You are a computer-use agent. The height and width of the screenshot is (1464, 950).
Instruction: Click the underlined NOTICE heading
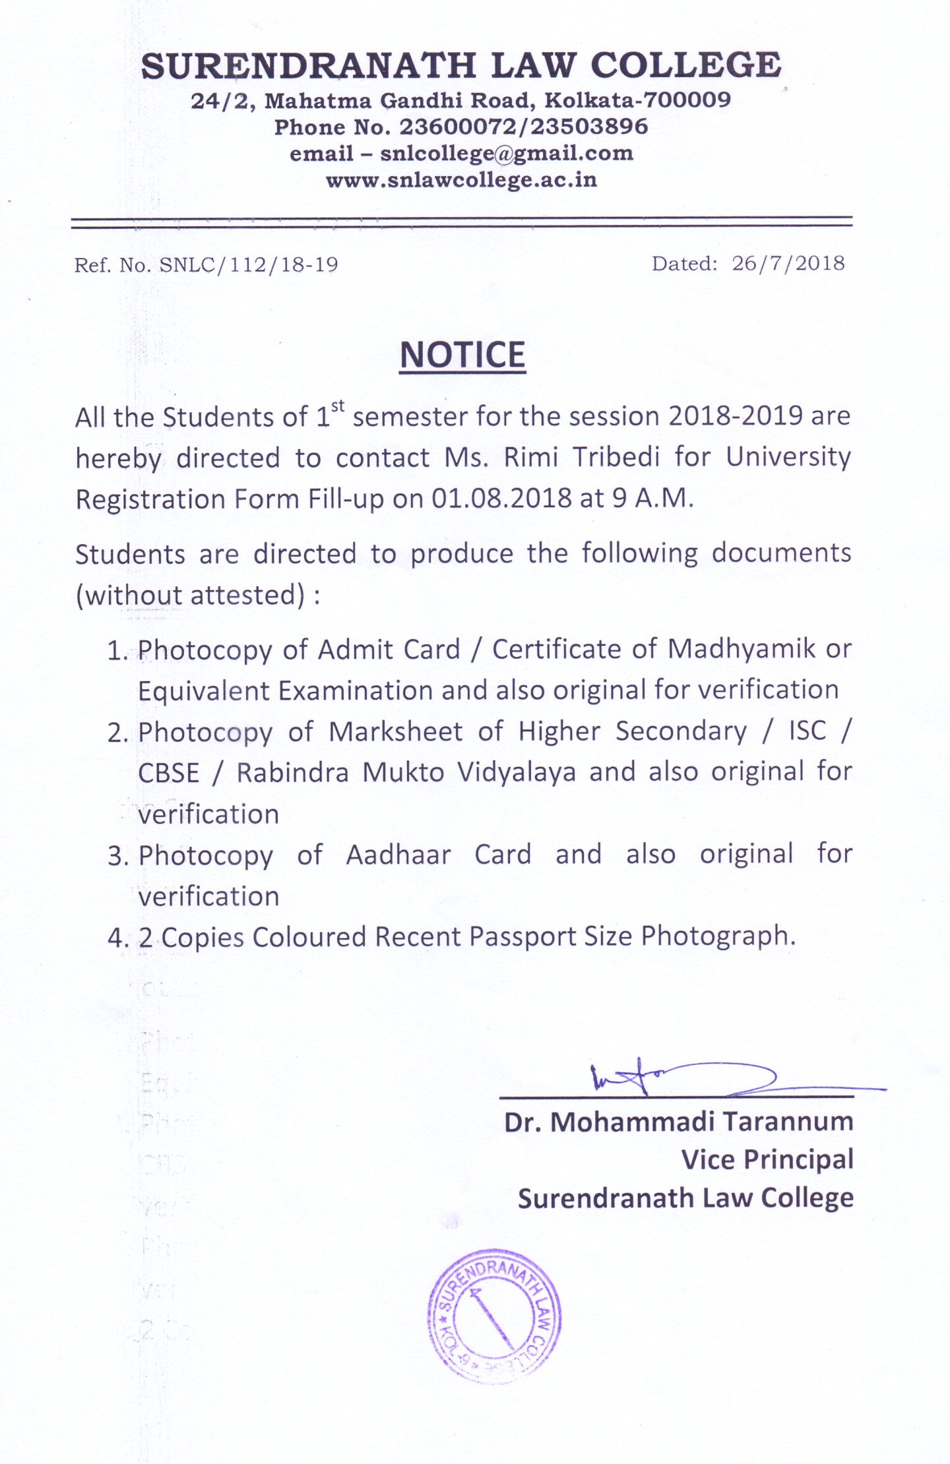[x=462, y=355]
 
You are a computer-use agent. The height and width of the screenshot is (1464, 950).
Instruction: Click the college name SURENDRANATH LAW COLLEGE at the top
[x=462, y=66]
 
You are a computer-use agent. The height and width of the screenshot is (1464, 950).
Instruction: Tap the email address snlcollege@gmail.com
[x=507, y=154]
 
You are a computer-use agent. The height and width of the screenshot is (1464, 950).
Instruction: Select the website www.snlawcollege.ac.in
[x=462, y=180]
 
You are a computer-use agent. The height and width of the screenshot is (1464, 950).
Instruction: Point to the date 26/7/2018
[x=788, y=264]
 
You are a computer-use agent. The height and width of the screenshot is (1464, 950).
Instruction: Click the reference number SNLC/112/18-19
[x=249, y=265]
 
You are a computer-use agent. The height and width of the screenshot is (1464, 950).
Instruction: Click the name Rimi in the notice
[x=531, y=457]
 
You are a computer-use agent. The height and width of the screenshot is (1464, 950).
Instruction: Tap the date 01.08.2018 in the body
[x=501, y=499]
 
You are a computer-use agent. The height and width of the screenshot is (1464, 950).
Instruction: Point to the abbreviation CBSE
[x=169, y=773]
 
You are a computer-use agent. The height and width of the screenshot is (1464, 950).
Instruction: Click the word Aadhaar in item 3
[x=398, y=855]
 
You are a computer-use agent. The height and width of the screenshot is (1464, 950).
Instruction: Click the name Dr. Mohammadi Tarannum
[x=678, y=1122]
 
